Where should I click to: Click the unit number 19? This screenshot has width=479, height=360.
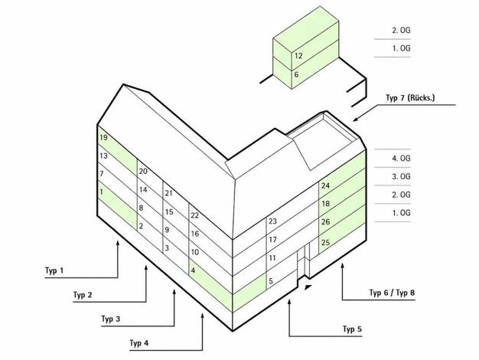click(x=103, y=138)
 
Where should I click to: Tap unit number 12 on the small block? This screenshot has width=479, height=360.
click(x=298, y=56)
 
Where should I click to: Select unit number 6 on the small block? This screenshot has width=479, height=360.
click(x=296, y=74)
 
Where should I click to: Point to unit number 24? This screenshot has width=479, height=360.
click(x=326, y=185)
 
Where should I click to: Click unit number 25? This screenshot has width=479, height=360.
click(x=326, y=243)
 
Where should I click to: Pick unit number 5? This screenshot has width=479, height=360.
click(x=271, y=280)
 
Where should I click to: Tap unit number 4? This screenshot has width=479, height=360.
click(x=193, y=270)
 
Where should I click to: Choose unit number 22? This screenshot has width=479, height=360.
click(x=195, y=215)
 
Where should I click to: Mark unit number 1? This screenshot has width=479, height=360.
click(x=101, y=192)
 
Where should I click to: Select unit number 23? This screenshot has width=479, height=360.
click(x=273, y=221)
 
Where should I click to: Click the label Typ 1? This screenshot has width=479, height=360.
click(x=54, y=270)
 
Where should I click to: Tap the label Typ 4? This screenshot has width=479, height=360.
click(x=139, y=343)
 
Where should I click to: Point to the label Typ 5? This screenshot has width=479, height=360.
click(x=352, y=329)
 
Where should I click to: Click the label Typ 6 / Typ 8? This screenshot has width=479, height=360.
click(x=392, y=293)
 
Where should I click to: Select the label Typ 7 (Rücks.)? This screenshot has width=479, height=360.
click(x=410, y=98)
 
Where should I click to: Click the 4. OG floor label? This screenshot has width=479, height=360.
click(x=401, y=159)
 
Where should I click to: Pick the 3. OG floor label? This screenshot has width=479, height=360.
click(x=401, y=176)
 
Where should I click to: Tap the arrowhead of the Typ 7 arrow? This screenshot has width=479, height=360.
click(x=356, y=119)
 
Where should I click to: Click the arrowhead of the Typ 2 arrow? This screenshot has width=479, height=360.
click(x=146, y=267)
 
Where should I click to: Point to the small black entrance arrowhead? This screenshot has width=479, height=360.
click(x=308, y=287)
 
